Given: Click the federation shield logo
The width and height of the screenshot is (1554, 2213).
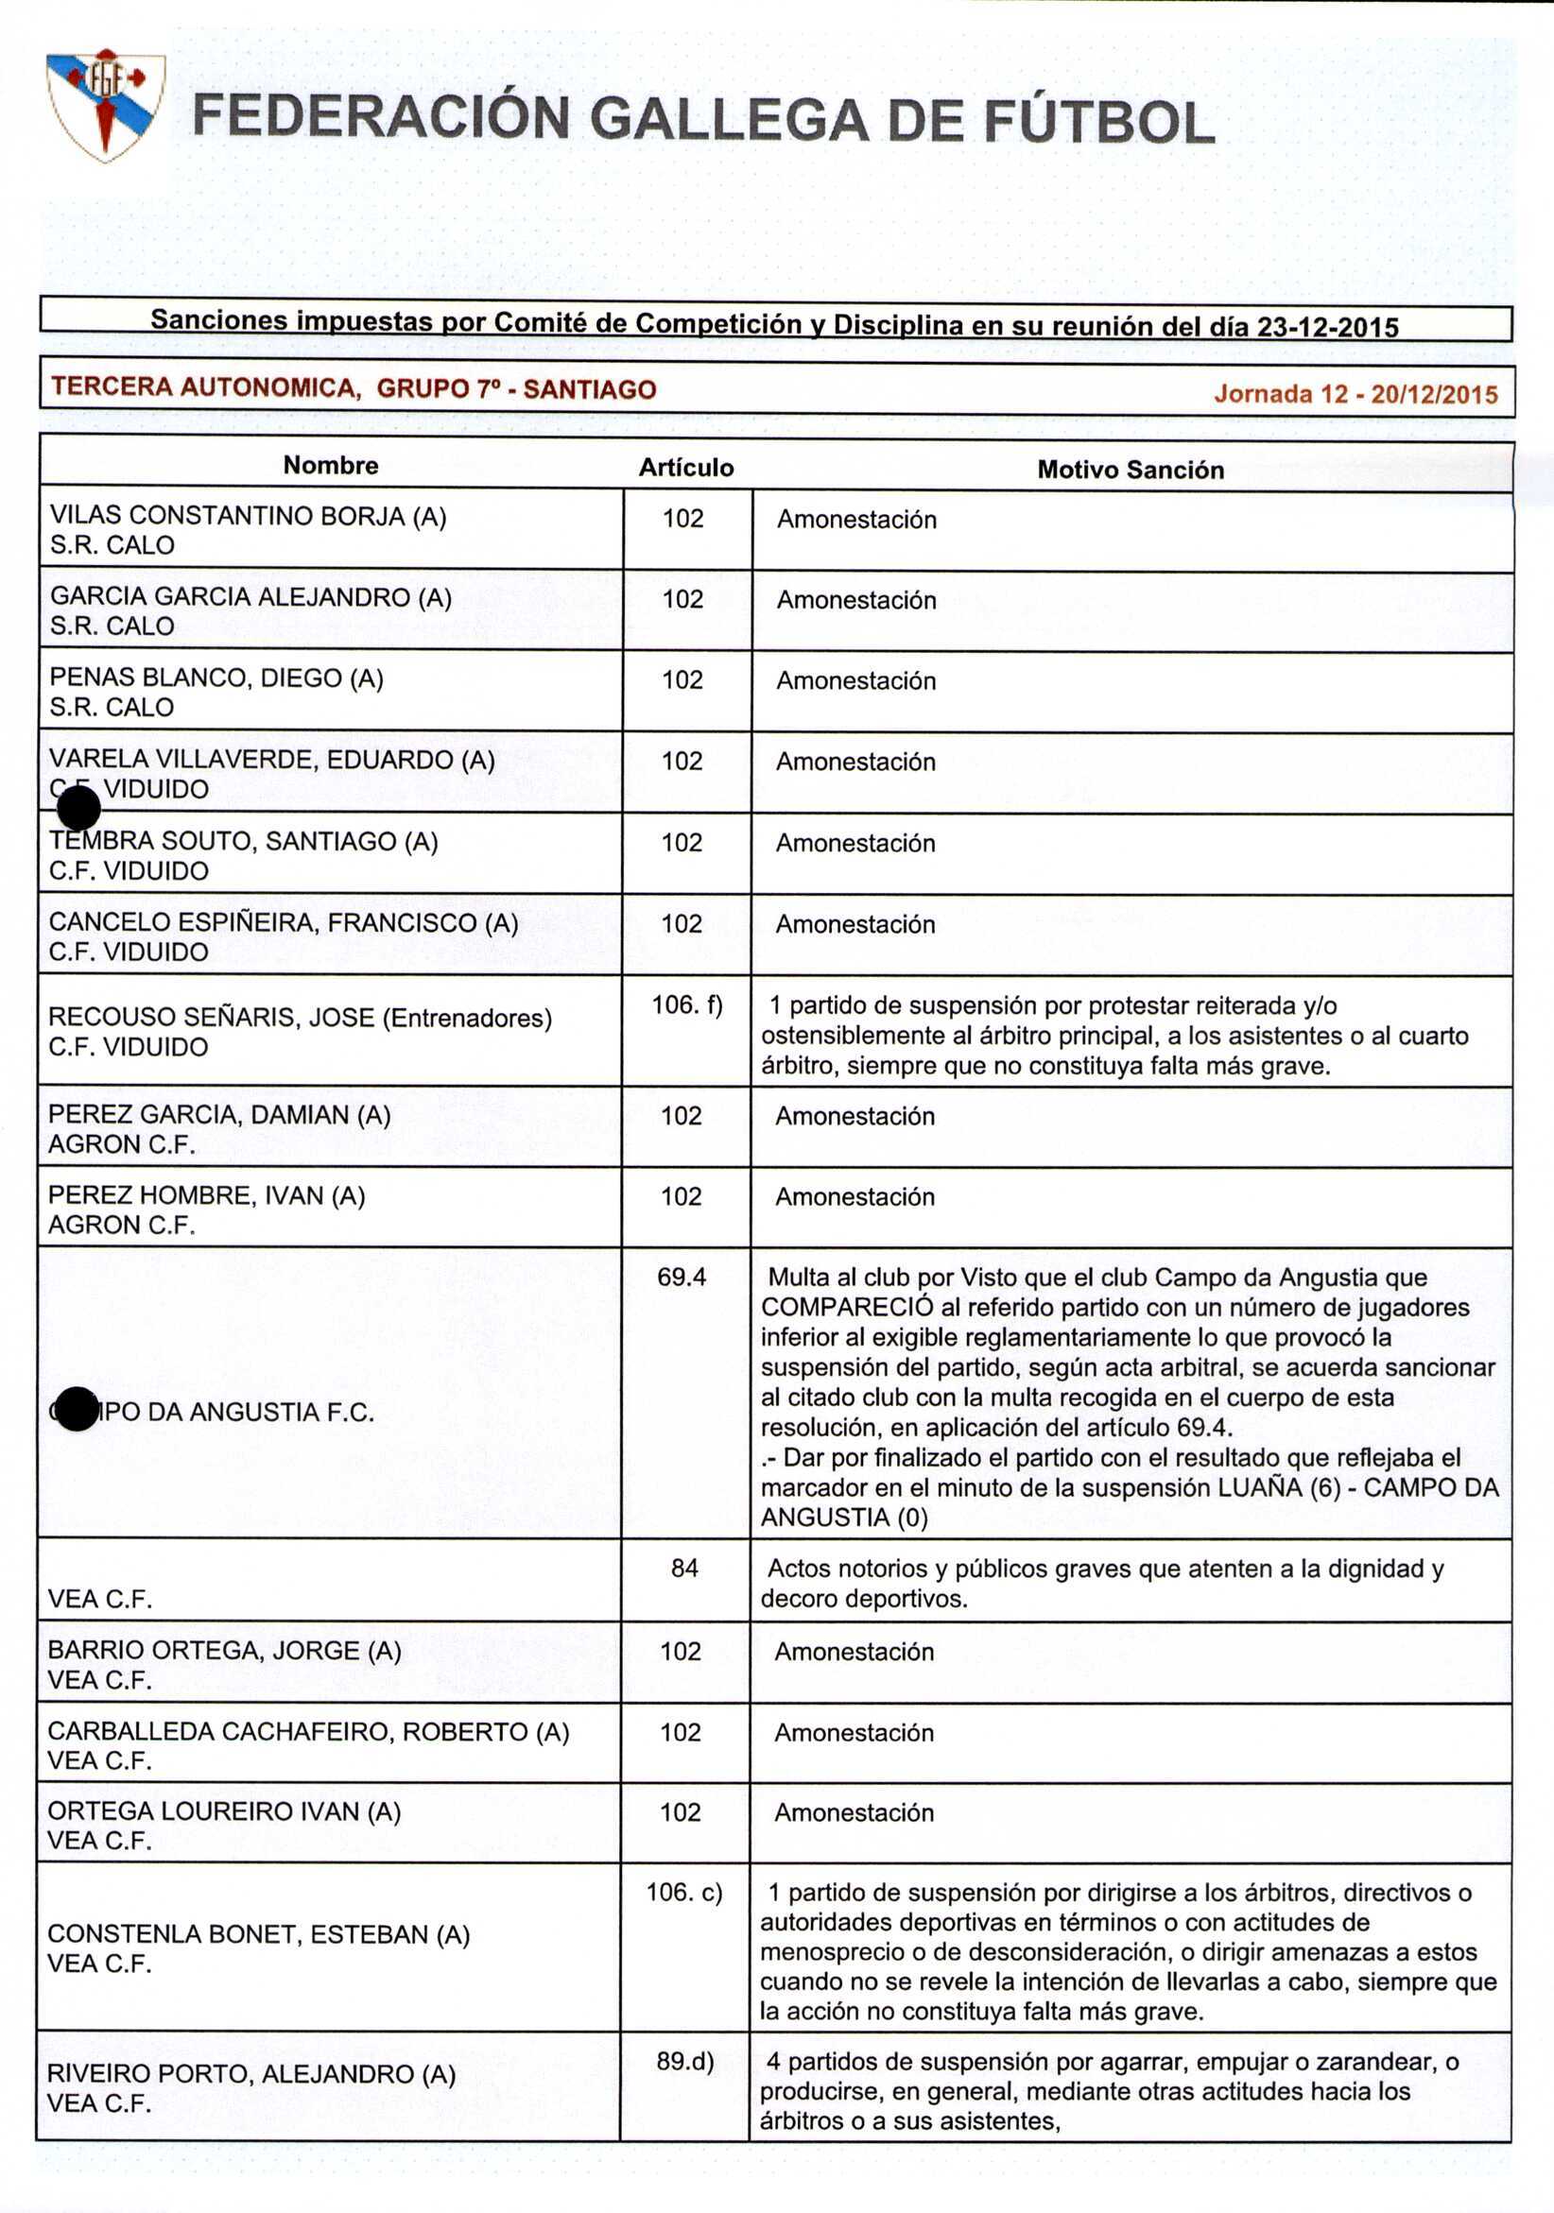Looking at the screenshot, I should point(105,105).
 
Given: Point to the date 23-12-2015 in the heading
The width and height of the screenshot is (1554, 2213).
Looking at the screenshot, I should point(1327,328).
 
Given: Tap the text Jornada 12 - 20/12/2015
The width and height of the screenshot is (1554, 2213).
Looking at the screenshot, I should point(1355,393).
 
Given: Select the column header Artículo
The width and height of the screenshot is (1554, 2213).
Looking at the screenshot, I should point(685,468).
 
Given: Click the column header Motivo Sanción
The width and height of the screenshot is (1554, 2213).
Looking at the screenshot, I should point(1130,470).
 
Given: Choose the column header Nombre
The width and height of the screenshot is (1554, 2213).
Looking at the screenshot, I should point(331,466).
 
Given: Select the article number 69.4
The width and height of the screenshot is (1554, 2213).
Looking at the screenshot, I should point(682,1278).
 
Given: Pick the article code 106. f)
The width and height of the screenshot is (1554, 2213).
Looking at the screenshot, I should point(686,1005).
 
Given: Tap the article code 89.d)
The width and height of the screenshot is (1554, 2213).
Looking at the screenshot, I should point(685,2061).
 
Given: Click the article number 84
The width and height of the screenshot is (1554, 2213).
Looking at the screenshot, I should point(684,1569).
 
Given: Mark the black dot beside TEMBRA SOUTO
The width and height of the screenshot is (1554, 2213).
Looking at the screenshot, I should point(78,808).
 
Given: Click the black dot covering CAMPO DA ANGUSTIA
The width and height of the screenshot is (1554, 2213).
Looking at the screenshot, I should point(77,1409).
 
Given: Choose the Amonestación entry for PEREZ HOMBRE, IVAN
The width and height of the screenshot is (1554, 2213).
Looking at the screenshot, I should point(855,1197).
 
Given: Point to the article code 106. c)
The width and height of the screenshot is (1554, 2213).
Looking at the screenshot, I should point(683,1892).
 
